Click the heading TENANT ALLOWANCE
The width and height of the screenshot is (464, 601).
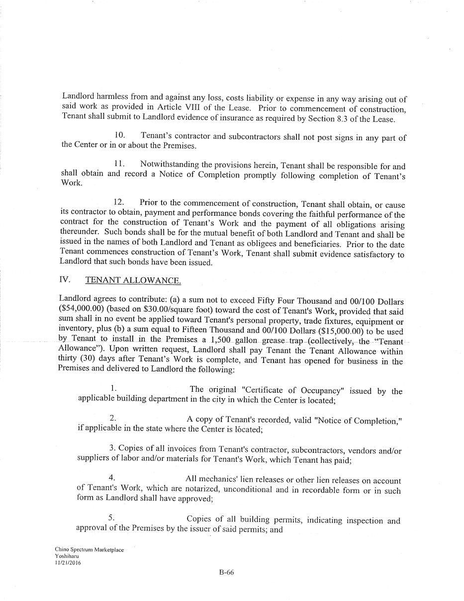pyautogui.click(x=133, y=280)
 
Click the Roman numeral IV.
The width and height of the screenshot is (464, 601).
pyautogui.click(x=65, y=280)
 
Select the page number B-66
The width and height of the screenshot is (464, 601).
pyautogui.click(x=226, y=572)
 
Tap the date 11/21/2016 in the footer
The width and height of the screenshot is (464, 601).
pyautogui.click(x=68, y=563)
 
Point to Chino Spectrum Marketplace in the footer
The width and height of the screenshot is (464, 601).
pyautogui.click(x=89, y=550)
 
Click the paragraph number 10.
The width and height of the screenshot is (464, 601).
pyautogui.click(x=119, y=135)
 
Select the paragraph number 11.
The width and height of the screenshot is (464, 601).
pyautogui.click(x=119, y=164)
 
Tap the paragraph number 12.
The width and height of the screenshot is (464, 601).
pyautogui.click(x=119, y=202)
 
